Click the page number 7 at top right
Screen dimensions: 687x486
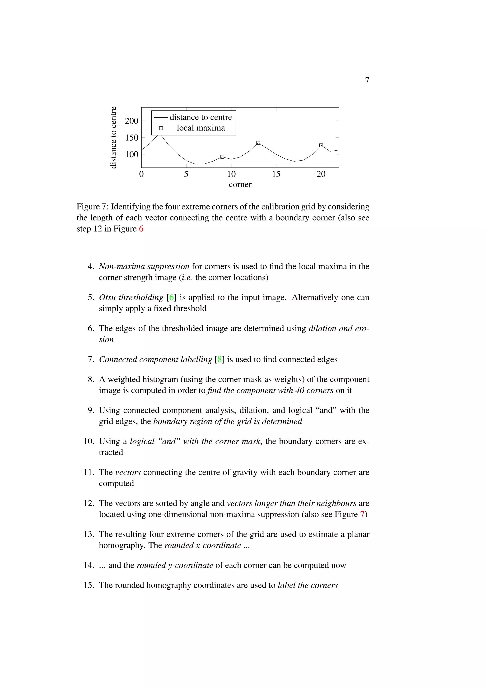point(367,80)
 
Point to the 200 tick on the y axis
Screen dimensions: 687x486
point(132,121)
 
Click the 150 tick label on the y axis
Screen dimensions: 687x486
point(132,138)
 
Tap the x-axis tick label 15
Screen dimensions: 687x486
point(276,174)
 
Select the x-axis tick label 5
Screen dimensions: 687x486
point(186,174)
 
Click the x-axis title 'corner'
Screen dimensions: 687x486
point(240,184)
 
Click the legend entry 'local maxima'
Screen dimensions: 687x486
point(201,128)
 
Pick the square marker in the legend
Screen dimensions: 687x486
point(161,128)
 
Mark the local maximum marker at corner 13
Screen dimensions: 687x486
point(258,143)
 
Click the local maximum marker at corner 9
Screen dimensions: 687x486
point(222,157)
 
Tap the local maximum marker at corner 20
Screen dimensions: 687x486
point(321,145)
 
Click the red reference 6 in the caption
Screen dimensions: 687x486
point(141,229)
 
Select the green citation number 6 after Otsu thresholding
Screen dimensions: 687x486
point(172,297)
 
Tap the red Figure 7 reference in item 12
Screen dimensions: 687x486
point(362,514)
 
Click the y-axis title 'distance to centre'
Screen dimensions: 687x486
point(113,137)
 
